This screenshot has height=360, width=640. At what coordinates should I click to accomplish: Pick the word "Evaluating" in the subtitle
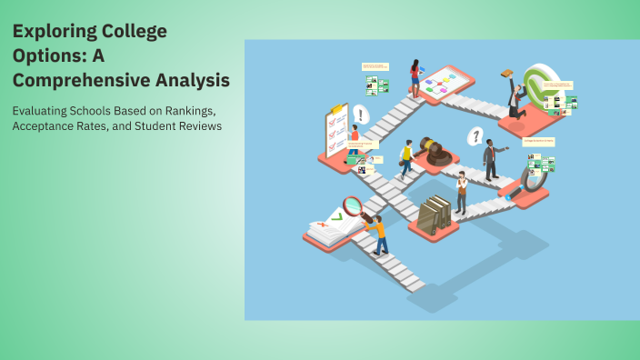[x=43, y=111]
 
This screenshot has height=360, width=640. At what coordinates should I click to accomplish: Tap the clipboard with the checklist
[x=337, y=133]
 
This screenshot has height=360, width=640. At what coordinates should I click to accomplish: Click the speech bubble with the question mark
[x=474, y=136]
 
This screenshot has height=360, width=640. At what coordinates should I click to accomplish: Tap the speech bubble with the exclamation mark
[x=362, y=115]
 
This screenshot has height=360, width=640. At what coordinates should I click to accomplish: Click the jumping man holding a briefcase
[x=514, y=95]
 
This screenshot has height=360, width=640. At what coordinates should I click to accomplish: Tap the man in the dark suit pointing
[x=491, y=159]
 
